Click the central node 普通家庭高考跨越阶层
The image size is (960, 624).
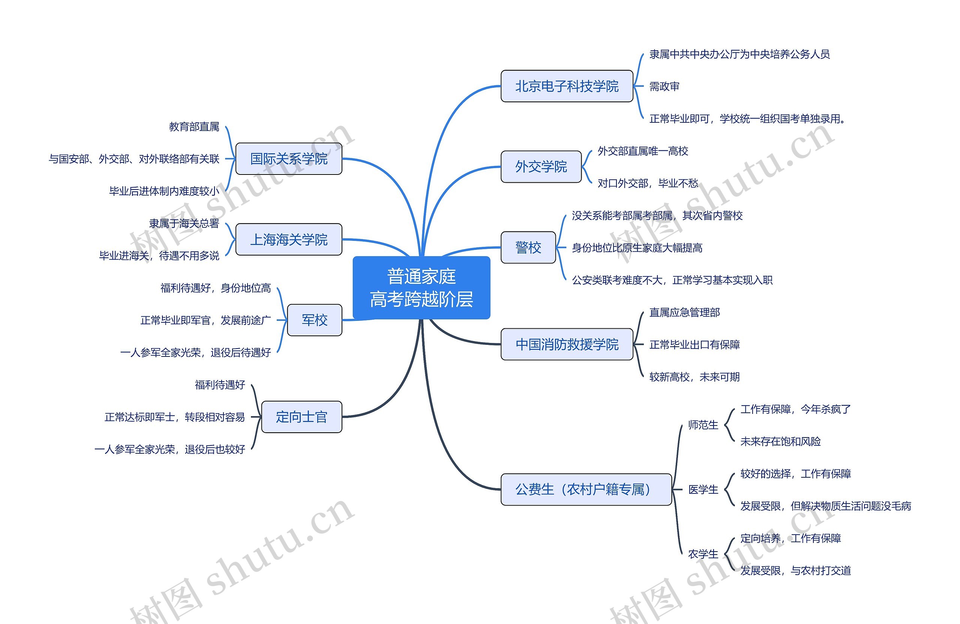[421, 288]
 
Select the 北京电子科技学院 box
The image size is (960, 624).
[566, 86]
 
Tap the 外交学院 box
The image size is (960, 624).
[540, 167]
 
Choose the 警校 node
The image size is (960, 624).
[528, 247]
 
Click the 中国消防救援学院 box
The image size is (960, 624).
[566, 344]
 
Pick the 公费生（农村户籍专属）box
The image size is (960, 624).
[586, 489]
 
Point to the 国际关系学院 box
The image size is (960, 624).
[288, 159]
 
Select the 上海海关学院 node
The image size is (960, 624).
[288, 239]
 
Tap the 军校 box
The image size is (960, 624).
[314, 320]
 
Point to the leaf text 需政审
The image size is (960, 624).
[664, 86]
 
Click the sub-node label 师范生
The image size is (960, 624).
[703, 425]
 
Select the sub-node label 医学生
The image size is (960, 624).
[703, 490]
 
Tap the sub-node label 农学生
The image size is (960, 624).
[703, 554]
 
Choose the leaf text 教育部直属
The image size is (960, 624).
[194, 127]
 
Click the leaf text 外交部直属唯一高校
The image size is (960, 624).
[642, 151]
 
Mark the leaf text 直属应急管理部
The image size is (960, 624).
[684, 313]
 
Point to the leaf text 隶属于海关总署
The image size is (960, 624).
[184, 223]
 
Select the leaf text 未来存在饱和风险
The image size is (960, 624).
[780, 442]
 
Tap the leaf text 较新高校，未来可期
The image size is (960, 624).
[694, 377]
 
